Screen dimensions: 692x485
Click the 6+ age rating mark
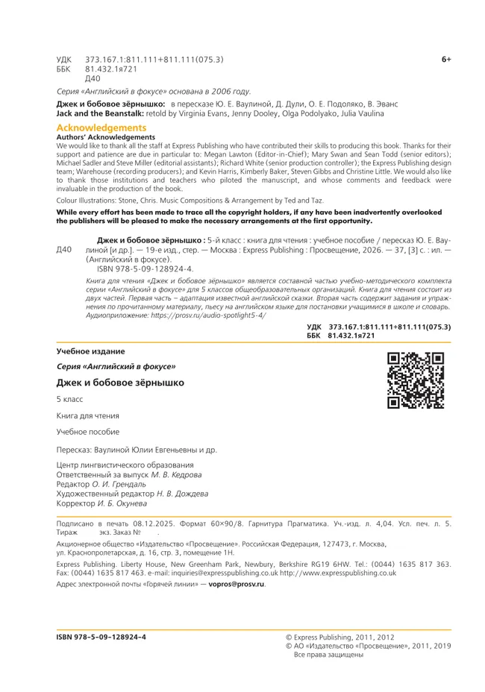(446, 58)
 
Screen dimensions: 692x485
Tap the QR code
(416, 380)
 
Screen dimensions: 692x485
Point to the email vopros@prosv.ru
(237, 584)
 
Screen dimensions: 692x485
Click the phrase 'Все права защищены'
(328, 655)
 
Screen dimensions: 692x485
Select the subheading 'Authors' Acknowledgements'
(106, 137)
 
